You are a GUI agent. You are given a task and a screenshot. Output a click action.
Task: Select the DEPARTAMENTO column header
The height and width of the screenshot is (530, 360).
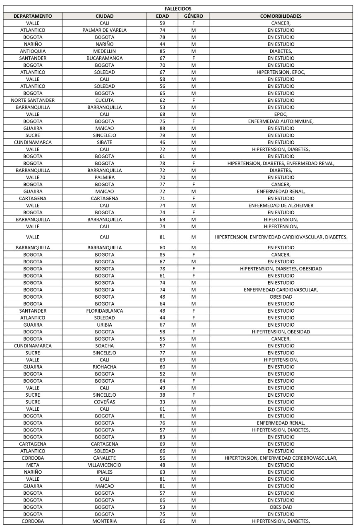click(33, 16)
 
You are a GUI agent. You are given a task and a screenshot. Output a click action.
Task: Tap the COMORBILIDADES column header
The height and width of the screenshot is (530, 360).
click(281, 16)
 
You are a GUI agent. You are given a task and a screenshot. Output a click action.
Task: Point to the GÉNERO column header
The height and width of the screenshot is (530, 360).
click(193, 16)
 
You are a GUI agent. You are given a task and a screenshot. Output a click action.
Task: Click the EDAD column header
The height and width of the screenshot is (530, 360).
click(162, 16)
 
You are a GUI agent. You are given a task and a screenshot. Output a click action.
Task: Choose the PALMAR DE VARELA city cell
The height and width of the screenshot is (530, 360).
click(104, 30)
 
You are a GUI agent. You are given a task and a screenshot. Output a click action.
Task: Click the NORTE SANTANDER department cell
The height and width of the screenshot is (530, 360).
click(33, 100)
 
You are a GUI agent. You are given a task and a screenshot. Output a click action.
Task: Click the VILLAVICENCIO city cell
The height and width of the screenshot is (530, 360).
click(104, 465)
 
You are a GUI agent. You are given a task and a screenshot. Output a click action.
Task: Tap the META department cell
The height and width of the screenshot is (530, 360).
click(33, 465)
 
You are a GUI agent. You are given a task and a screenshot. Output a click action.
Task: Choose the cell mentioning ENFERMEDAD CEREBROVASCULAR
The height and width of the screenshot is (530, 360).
click(281, 458)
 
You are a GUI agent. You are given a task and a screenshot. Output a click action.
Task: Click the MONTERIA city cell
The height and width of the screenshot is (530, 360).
click(104, 521)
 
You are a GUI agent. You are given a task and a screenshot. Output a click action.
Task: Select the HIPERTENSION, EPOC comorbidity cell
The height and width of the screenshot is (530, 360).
click(281, 72)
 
